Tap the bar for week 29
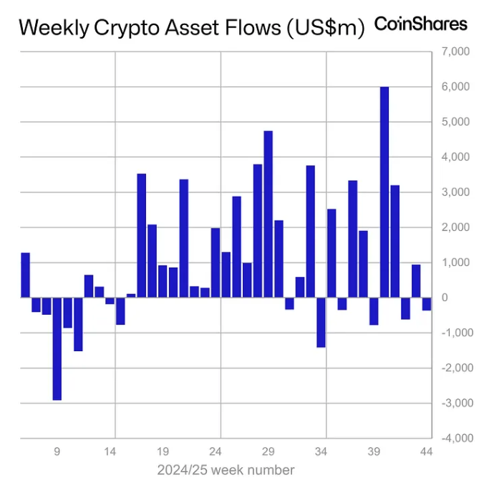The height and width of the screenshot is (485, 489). [268, 214]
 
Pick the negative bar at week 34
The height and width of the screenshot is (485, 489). [321, 322]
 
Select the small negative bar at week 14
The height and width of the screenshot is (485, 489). [110, 301]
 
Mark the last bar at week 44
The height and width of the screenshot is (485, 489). [426, 304]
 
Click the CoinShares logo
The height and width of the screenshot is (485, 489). [421, 24]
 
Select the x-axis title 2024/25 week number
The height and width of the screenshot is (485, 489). [226, 470]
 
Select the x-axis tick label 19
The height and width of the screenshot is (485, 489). [163, 452]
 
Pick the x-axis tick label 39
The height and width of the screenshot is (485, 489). [374, 452]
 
